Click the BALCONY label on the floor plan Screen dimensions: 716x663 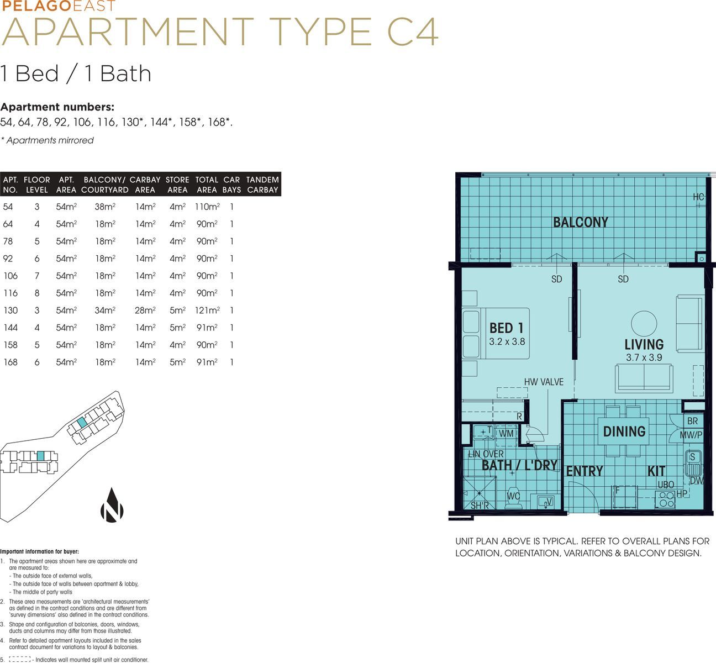pyautogui.click(x=581, y=222)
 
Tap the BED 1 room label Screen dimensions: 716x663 pyautogui.click(x=506, y=328)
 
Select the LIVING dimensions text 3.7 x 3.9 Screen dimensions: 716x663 pyautogui.click(x=644, y=357)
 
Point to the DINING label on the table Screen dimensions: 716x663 pyautogui.click(x=624, y=432)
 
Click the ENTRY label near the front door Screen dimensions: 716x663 pyautogui.click(x=585, y=471)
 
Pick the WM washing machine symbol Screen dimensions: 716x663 pyautogui.click(x=507, y=433)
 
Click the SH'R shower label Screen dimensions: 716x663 pyautogui.click(x=480, y=506)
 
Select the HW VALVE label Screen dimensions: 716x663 pyautogui.click(x=544, y=382)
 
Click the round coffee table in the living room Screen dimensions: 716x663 pyautogui.click(x=644, y=323)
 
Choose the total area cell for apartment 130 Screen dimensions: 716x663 pyautogui.click(x=207, y=310)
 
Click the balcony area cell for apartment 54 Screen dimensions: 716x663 pyautogui.click(x=105, y=207)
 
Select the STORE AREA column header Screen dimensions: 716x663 pyautogui.click(x=177, y=185)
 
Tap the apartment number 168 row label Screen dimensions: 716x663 pyautogui.click(x=10, y=362)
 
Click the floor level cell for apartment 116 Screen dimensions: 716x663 pyautogui.click(x=37, y=293)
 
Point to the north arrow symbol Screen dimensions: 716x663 pyautogui.click(x=112, y=506)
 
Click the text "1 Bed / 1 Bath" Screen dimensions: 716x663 pyautogui.click(x=75, y=73)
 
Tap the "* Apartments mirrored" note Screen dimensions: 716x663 pyautogui.click(x=47, y=140)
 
